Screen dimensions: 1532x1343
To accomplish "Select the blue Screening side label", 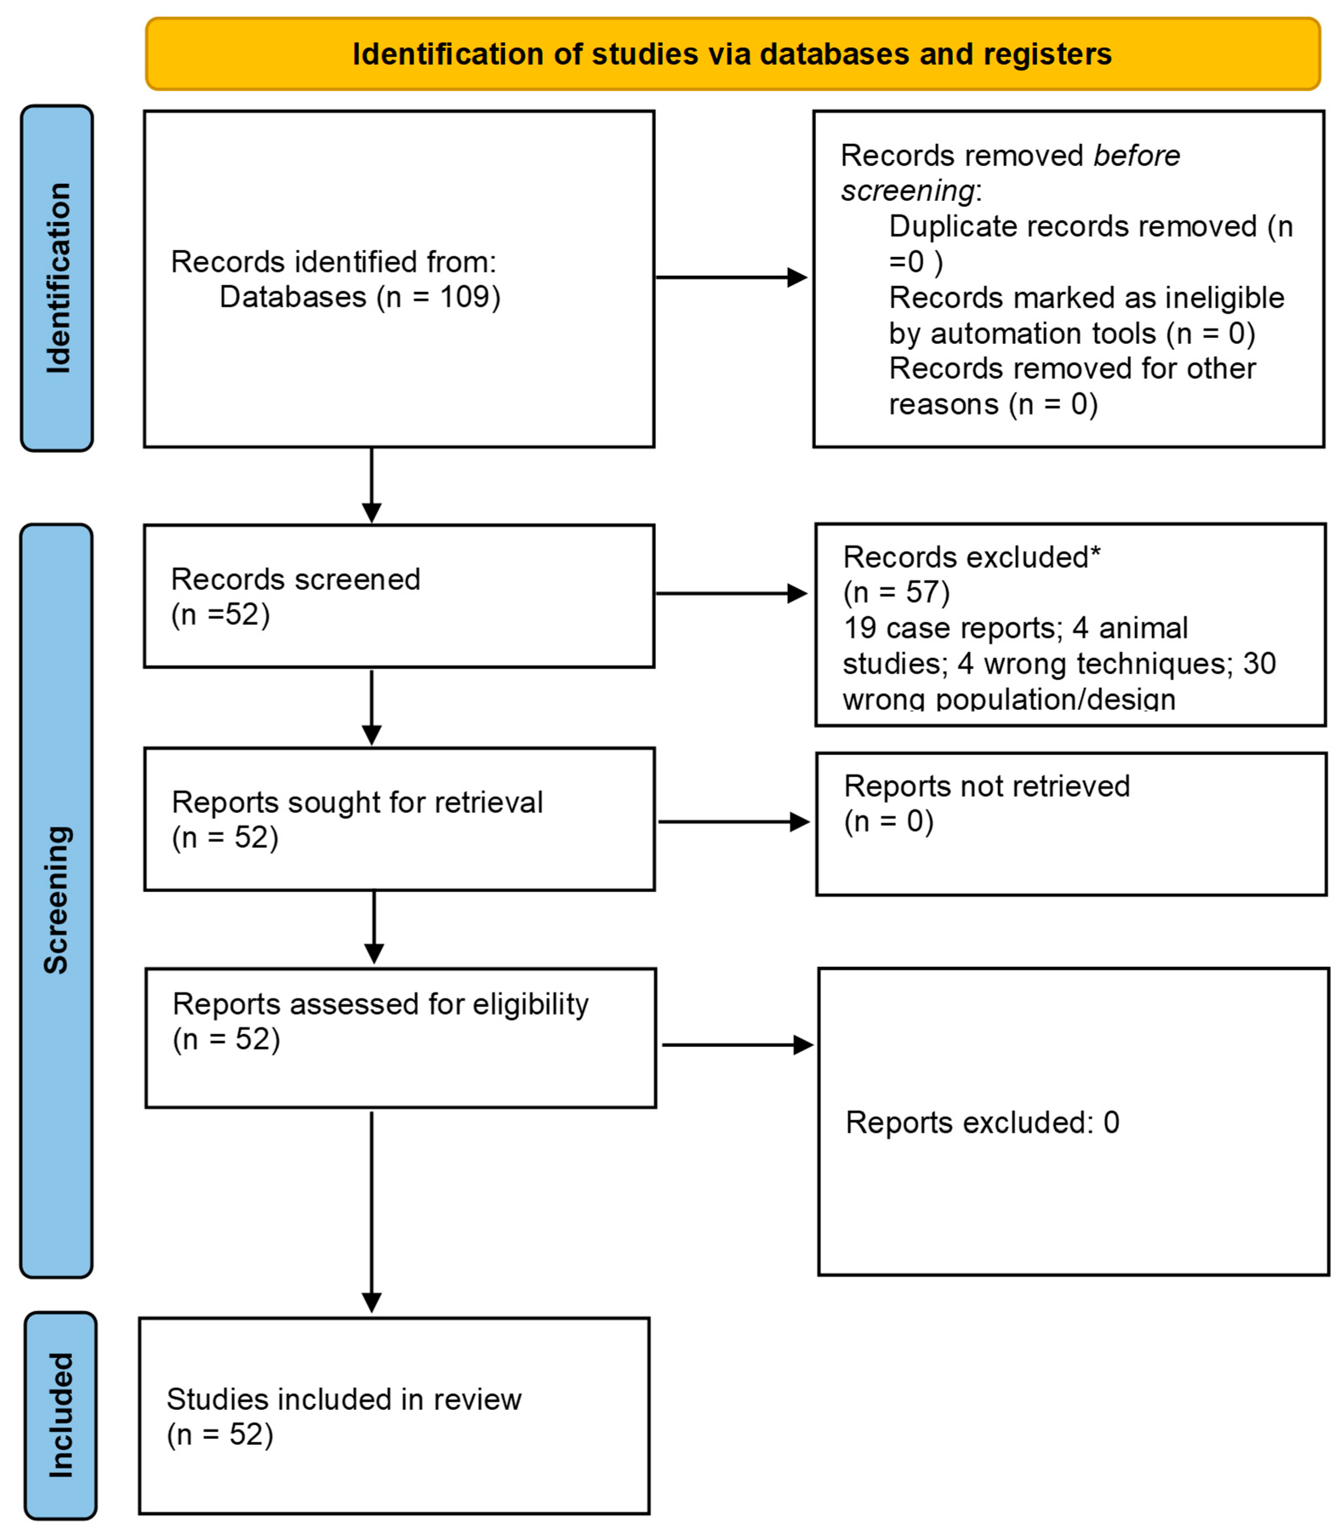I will (x=57, y=899).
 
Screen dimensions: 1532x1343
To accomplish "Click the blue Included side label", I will (x=61, y=1415).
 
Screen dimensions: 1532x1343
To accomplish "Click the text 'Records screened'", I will (x=295, y=579).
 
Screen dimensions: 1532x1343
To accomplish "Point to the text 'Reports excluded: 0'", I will (x=982, y=1123).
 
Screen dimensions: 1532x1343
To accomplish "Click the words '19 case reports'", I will (x=952, y=628).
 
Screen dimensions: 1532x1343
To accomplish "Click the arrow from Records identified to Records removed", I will (x=731, y=277).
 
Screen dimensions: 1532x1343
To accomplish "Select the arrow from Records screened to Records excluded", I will (x=731, y=593).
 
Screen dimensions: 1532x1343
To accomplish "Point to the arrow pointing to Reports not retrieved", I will (x=733, y=822).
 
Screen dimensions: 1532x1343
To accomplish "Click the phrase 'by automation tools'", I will (x=1022, y=334).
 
